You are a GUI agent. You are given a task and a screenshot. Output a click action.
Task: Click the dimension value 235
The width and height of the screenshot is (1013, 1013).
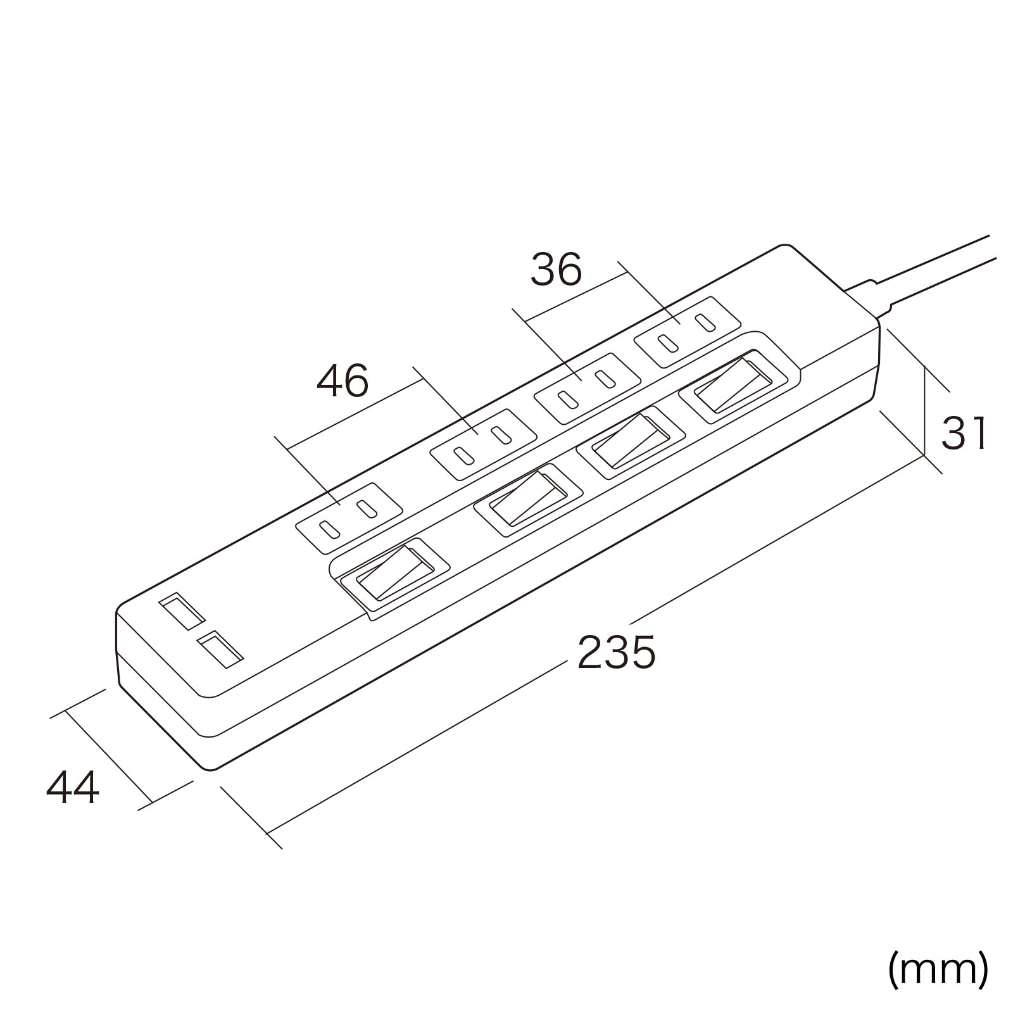(616, 652)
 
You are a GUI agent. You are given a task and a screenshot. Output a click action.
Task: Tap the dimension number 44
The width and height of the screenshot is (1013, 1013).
(73, 788)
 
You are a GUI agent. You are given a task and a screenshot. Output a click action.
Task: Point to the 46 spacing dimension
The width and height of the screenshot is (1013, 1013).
(342, 381)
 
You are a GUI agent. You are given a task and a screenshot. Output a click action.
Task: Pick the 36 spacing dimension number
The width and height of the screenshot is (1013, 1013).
(557, 270)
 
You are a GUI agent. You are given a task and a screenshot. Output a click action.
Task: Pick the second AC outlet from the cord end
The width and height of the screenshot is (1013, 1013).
(588, 388)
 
